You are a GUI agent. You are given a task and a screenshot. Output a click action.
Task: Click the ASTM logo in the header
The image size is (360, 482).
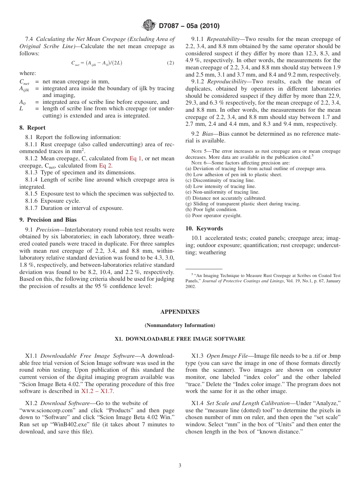point(149,25)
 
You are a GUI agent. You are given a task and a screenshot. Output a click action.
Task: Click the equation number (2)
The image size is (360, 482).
point(171,63)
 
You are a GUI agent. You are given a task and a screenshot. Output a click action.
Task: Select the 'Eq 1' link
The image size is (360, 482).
point(135,158)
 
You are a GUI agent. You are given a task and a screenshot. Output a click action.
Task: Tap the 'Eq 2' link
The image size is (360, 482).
point(105,166)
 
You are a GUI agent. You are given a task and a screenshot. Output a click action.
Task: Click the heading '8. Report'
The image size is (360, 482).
point(32,128)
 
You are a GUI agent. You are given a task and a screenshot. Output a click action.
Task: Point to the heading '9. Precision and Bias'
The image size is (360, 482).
point(48,220)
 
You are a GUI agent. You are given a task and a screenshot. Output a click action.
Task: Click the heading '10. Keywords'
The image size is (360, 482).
point(204,228)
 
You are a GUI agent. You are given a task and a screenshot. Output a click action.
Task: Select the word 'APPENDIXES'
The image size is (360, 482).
point(180,312)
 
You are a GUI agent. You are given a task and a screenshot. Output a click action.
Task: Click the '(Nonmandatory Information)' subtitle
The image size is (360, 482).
point(180,326)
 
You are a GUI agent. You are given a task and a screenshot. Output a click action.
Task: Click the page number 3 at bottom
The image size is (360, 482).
point(180,466)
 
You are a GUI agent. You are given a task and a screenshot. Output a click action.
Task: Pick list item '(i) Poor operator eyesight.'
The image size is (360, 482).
point(213,216)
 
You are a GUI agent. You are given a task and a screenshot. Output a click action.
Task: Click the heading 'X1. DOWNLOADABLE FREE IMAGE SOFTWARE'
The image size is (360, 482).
point(180,339)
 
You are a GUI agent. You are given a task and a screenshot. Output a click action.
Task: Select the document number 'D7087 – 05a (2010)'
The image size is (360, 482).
point(189,26)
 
